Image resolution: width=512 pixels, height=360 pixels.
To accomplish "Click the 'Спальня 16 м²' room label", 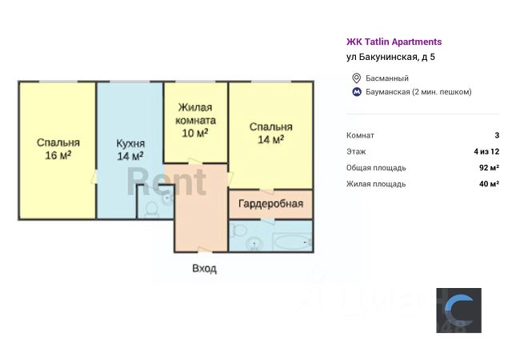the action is [x=58, y=150].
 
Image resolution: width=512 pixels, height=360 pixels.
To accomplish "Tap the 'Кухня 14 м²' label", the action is [x=130, y=150].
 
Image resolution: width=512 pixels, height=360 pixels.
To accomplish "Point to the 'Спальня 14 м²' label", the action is [x=270, y=133].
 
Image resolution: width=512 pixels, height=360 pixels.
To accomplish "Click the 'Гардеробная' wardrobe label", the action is [x=270, y=204].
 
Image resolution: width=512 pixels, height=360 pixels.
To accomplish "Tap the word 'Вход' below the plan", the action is [x=204, y=269].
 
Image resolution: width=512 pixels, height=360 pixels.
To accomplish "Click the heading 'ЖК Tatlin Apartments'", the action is [x=394, y=42].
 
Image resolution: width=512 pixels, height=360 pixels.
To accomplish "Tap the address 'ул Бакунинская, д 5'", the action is [x=390, y=57].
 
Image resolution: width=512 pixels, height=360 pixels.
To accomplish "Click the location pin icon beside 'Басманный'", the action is [x=357, y=78].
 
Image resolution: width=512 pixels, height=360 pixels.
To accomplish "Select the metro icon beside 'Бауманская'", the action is [x=357, y=91].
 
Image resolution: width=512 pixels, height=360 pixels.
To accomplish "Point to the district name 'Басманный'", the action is [x=387, y=78].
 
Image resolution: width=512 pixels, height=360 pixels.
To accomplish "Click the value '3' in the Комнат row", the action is [x=497, y=135].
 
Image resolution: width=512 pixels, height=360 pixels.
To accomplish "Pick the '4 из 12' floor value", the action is [x=486, y=151].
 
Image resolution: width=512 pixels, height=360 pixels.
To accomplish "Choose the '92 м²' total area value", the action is [x=489, y=168].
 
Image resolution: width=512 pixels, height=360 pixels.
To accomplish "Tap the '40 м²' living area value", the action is [x=489, y=184].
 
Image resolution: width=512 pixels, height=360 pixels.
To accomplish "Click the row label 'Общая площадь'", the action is [x=376, y=168].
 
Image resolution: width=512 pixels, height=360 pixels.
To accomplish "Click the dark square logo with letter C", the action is [x=458, y=310].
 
